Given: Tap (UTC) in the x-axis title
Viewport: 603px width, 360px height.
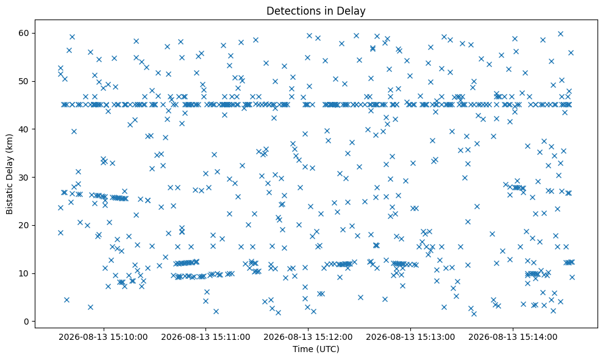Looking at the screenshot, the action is pyautogui.click(x=327, y=349).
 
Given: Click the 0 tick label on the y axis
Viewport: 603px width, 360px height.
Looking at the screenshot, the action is pyautogui.click(x=27, y=322).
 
